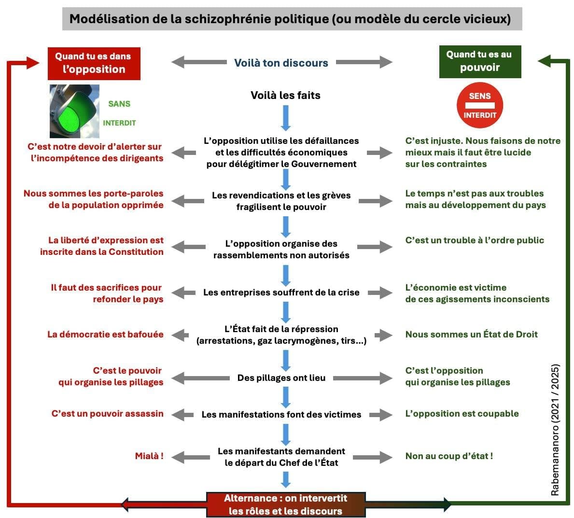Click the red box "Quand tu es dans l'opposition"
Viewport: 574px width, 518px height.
(94, 63)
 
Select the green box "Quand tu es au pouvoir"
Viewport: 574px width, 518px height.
(479, 61)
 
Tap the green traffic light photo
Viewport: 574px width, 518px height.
(74, 112)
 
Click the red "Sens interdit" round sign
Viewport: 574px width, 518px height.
(479, 105)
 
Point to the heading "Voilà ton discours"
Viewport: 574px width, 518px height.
(281, 63)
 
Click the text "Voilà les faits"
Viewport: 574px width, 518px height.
(285, 95)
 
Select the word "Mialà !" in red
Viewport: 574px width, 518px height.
(149, 456)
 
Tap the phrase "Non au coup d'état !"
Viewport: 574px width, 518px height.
(449, 456)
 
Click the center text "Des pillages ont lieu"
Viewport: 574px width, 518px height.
(281, 378)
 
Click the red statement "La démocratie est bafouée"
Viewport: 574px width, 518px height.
(105, 335)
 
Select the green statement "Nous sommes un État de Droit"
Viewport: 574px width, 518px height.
(471, 335)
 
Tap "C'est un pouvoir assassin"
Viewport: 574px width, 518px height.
(108, 414)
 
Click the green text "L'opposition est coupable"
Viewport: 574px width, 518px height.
(462, 414)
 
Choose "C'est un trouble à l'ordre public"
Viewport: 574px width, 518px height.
(475, 240)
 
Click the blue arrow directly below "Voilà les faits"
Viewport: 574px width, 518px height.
(285, 118)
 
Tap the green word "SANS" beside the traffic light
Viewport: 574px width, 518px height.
(119, 104)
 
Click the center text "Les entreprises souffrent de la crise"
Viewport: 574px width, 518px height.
(281, 293)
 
